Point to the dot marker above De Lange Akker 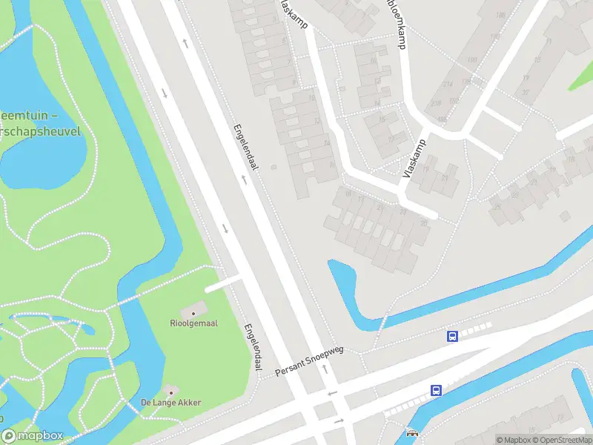point(170,391)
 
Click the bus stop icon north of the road point(452,336)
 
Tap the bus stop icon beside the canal point(436,390)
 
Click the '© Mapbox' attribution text point(513,440)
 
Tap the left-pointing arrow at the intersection point(332,393)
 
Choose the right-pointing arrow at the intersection point(339,421)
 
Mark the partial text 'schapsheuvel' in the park point(40,131)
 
